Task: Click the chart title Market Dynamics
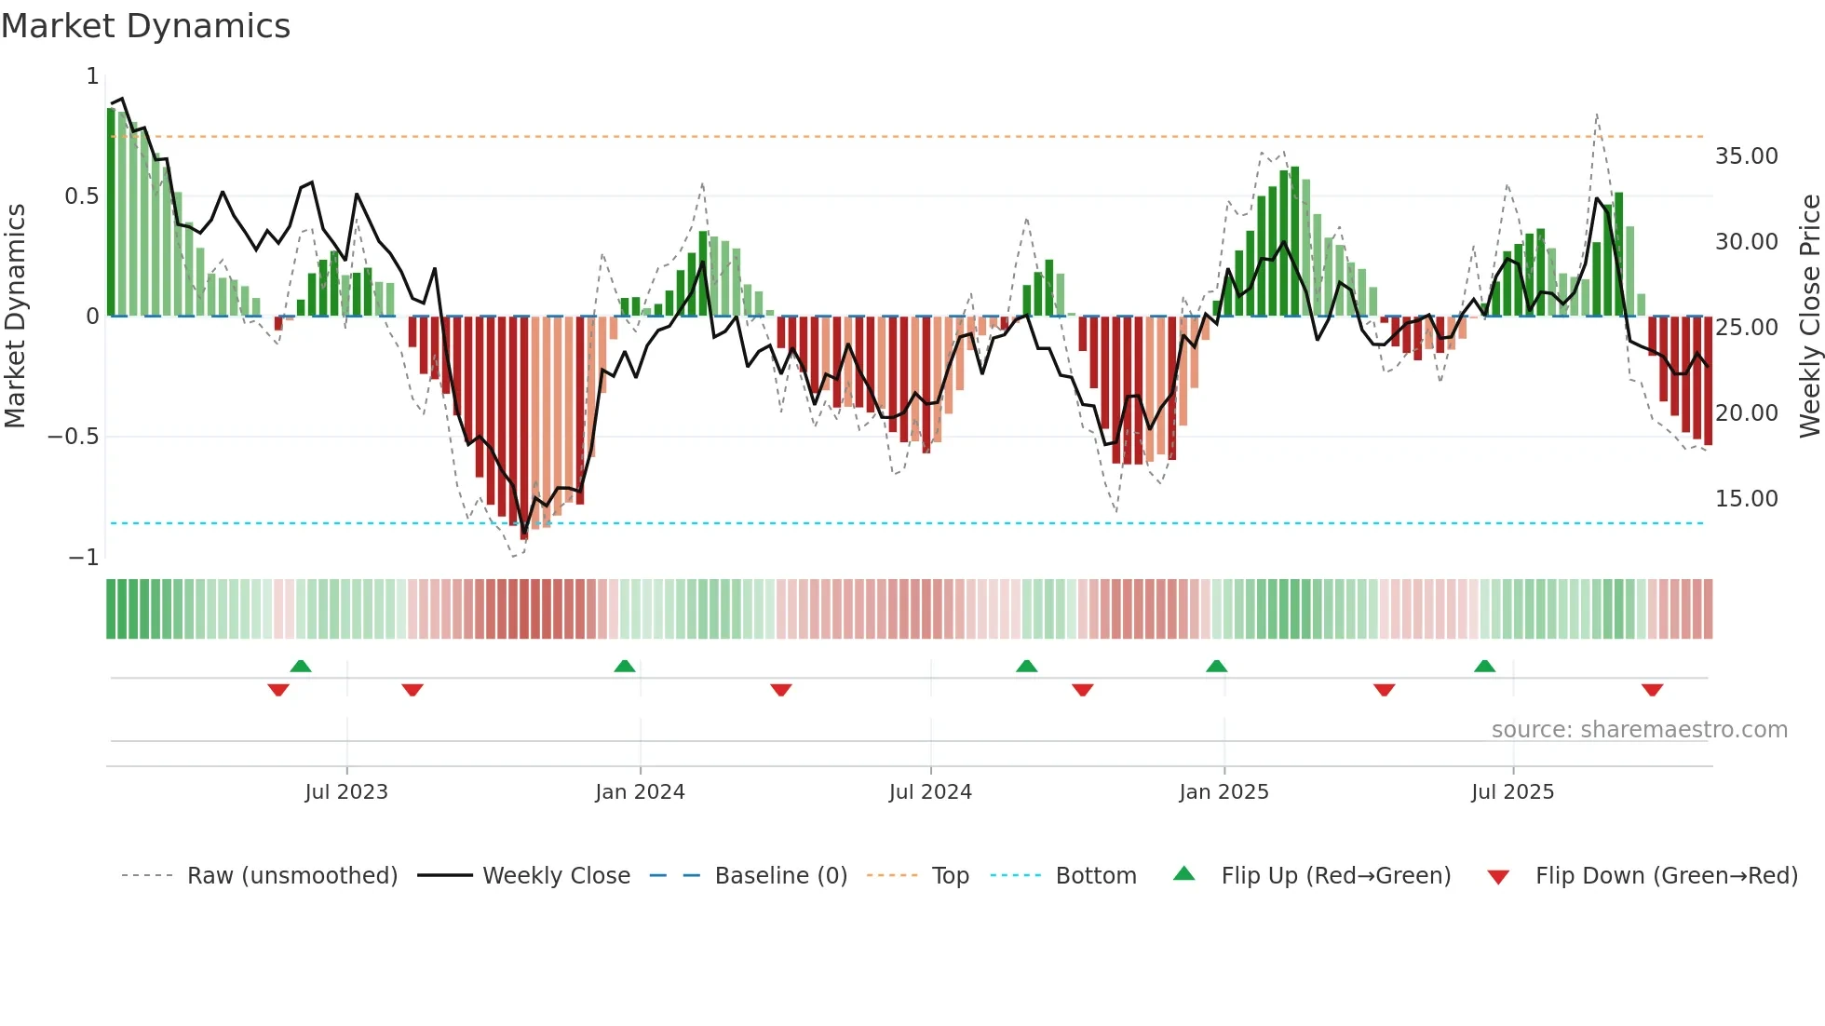tap(146, 26)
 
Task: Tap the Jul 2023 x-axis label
tap(346, 792)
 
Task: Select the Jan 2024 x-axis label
tap(640, 792)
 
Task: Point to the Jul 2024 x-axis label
tap(930, 792)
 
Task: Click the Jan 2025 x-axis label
tap(1223, 792)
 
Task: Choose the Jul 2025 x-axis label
tap(1513, 792)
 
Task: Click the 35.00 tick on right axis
tap(1746, 156)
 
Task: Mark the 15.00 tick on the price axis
tap(1746, 499)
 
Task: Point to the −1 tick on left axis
tap(83, 558)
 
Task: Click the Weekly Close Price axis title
tap(1809, 317)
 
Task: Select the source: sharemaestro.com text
tap(1639, 730)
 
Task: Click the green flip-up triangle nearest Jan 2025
tap(1216, 667)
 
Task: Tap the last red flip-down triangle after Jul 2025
tap(1652, 690)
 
